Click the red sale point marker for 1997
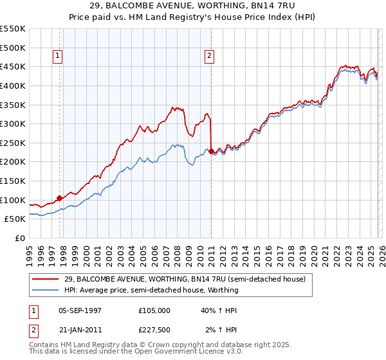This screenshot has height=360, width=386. point(60,198)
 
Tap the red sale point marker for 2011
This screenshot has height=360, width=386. point(212,151)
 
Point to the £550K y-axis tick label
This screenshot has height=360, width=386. point(13,29)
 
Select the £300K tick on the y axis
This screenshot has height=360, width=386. point(13,123)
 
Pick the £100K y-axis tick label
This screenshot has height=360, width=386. point(13,200)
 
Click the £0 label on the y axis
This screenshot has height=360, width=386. point(19,238)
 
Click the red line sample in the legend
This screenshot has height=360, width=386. point(46,279)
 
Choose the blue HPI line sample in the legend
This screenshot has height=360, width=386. point(46,290)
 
